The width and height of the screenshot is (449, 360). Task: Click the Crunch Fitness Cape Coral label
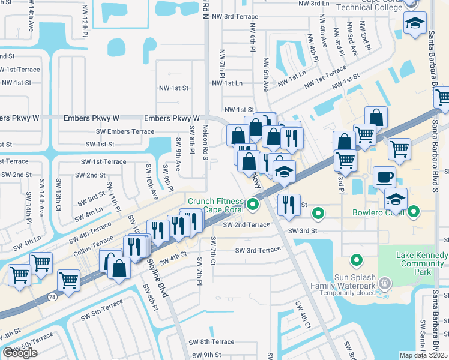tap(216, 205)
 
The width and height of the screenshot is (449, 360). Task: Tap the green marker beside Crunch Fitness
tap(253, 205)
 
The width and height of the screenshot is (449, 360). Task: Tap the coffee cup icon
tap(385, 176)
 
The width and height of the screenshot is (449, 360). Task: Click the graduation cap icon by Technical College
tap(414, 24)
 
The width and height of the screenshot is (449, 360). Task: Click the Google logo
tap(20, 353)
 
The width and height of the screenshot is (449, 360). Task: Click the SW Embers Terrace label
tap(125, 131)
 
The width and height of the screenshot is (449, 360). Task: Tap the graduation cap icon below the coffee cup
tap(396, 199)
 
